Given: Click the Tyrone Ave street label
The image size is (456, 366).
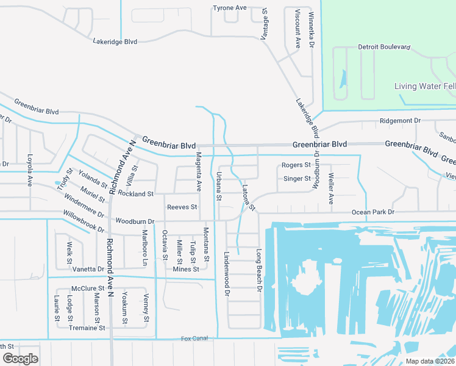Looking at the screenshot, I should point(229,8).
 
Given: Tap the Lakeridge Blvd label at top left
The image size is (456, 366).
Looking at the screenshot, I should point(115,41).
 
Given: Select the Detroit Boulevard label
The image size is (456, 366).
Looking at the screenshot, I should point(384,47).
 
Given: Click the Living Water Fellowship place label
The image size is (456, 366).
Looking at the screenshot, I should point(425,86).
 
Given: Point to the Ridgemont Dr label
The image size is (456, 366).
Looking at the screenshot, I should point(400,121).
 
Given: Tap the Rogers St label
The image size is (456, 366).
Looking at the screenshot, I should point(296,165).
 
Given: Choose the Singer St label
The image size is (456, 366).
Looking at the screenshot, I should point(297,179).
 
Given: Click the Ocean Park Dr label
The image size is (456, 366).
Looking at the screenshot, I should point(373,212).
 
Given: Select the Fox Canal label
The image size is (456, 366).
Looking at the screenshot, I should point(194,339).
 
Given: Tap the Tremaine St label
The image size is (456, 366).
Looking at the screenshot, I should point(88,328).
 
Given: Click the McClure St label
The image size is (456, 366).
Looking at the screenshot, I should point(88,289).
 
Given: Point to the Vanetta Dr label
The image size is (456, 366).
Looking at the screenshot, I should point(88,269).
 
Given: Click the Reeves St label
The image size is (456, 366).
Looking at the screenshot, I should point(182,207).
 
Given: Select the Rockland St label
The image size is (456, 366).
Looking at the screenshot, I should point(135,194).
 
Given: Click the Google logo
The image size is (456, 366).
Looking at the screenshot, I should point(20,358).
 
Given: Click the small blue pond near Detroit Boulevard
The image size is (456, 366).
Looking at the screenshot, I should point(343,79).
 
